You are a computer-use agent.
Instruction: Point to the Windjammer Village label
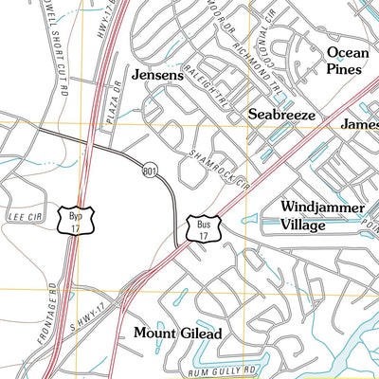(x=316, y=216)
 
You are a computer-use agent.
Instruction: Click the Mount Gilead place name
(x=177, y=334)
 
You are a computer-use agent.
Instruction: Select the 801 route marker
(x=150, y=170)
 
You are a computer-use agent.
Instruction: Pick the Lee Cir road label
(x=18, y=216)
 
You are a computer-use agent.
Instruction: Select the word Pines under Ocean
(x=345, y=69)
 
